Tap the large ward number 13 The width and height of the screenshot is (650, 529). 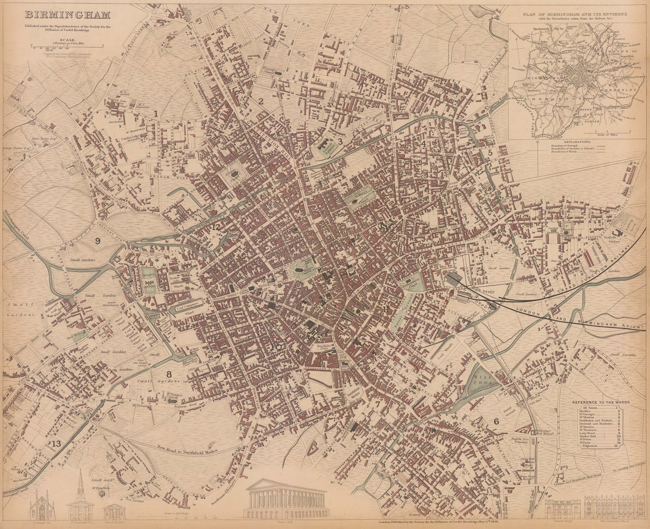pyautogui.click(x=56, y=444)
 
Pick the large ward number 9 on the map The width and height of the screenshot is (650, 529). pyautogui.click(x=97, y=241)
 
